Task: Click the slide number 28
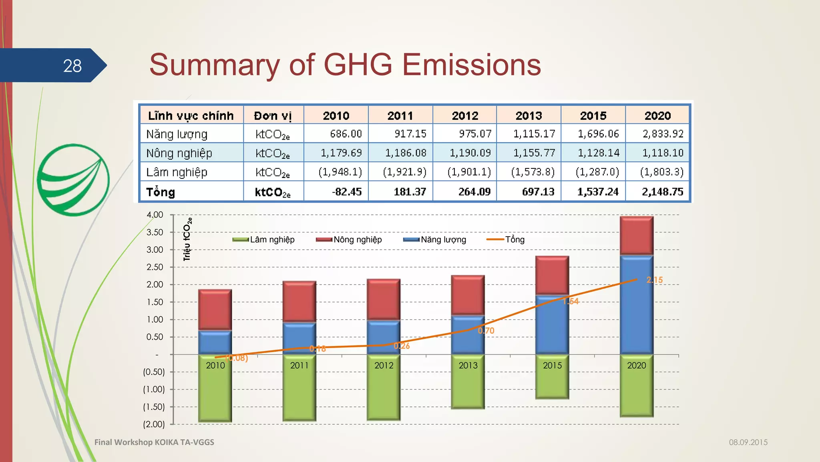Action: coord(72,66)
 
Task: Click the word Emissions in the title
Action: coord(471,65)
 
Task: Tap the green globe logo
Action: coord(73,180)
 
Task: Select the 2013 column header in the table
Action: coord(529,115)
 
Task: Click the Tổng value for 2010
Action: coord(347,192)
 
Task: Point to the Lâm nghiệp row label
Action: coord(177,172)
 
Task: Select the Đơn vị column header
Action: coord(273,115)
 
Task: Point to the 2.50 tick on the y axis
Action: coord(155,267)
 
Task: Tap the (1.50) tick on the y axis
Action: coord(154,407)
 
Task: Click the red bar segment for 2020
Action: coord(637,235)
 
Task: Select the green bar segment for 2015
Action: coord(552,381)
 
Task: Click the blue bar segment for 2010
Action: coord(215,342)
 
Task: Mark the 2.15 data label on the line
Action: coord(655,280)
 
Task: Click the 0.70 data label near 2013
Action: coord(486,331)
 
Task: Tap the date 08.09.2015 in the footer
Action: coord(748,442)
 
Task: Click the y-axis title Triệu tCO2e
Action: coord(187,239)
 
